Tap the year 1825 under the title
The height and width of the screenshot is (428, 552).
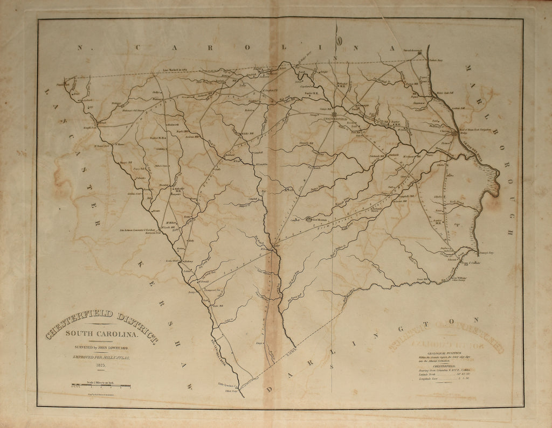click(x=99, y=365)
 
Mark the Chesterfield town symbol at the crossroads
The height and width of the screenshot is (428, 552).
click(x=335, y=114)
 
